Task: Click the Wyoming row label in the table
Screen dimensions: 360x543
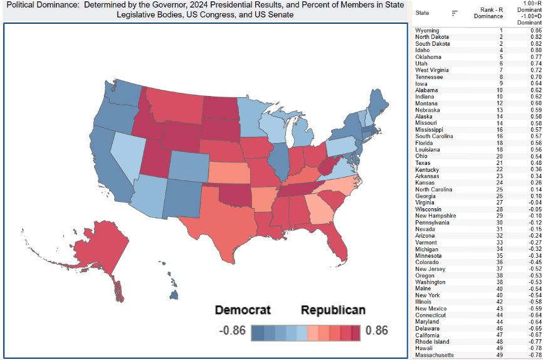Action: click(427, 30)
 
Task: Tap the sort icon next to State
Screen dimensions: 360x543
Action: click(455, 13)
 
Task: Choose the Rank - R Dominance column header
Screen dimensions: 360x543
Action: click(490, 13)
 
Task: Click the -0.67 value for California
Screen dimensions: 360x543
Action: click(534, 335)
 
